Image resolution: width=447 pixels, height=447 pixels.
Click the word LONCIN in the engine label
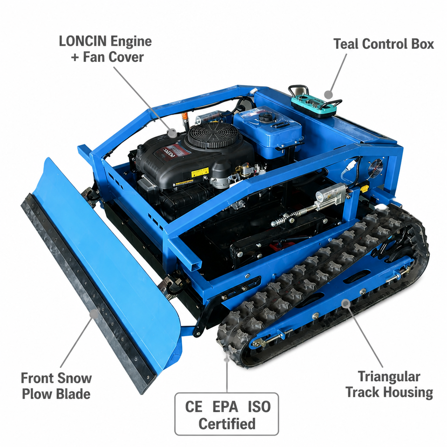83,41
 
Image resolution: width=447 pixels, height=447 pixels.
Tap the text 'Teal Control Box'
383,44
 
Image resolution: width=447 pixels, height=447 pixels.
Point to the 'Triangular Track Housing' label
389,384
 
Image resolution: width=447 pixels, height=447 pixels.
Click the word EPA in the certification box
225,407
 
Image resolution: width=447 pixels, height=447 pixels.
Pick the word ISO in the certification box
259,407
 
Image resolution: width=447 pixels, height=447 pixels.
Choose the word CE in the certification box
194,407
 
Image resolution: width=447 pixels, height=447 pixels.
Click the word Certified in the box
227,424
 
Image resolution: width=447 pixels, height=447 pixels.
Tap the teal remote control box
314,104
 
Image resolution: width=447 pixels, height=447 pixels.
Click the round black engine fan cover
213,135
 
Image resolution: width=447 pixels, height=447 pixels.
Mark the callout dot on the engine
172,133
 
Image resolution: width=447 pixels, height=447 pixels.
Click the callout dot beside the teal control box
329,95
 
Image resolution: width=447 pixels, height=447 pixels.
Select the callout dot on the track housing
346,303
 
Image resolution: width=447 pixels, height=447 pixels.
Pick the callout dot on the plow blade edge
94,313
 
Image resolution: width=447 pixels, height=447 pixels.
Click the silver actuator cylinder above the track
331,194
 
